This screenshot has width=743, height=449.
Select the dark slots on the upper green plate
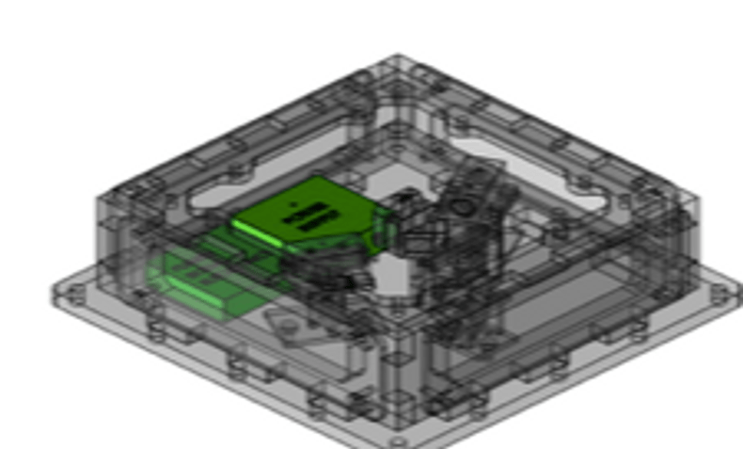pos(311,217)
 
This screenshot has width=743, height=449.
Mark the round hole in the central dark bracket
pos(462,205)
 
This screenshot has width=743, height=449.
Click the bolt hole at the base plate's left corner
pos(67,294)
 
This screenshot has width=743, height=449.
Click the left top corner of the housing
pos(99,198)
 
